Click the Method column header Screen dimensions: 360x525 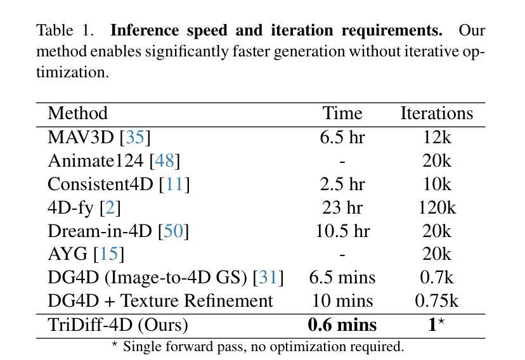click(77, 113)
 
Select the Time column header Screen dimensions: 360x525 click(342, 113)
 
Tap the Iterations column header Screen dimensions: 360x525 click(436, 113)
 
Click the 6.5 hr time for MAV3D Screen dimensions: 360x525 click(342, 137)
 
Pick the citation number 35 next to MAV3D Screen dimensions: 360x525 click(135, 137)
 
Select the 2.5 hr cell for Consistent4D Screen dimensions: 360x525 click(342, 184)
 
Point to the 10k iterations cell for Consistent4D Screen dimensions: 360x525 click(436, 184)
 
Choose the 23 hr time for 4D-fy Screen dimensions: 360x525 click(342, 207)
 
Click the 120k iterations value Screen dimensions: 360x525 click(436, 207)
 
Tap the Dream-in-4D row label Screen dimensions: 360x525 click(101, 231)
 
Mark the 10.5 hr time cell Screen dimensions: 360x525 click(342, 231)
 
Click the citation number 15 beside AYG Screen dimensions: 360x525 click(108, 254)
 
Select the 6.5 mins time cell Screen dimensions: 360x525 click(342, 278)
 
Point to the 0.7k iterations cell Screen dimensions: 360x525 click(436, 278)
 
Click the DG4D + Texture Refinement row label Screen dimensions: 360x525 click(160, 301)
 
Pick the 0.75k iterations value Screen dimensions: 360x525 click(436, 301)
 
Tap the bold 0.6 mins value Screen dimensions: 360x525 click(342, 325)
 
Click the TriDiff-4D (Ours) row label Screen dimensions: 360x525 click(118, 325)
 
